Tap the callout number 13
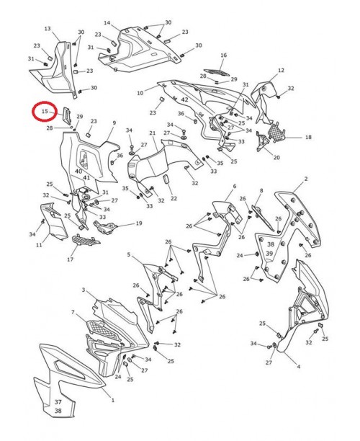(48, 29)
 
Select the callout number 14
(107, 22)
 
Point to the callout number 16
(224, 55)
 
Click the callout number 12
(281, 70)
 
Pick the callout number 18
(308, 137)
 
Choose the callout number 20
(276, 158)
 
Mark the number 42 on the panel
(184, 99)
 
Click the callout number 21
(153, 133)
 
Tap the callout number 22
(174, 198)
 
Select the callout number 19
(139, 223)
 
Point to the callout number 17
(70, 259)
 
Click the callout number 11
(39, 245)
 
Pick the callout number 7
(73, 312)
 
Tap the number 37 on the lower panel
(58, 402)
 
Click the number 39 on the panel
(269, 254)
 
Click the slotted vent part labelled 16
(217, 72)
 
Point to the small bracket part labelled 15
(67, 115)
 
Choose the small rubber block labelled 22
(166, 179)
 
